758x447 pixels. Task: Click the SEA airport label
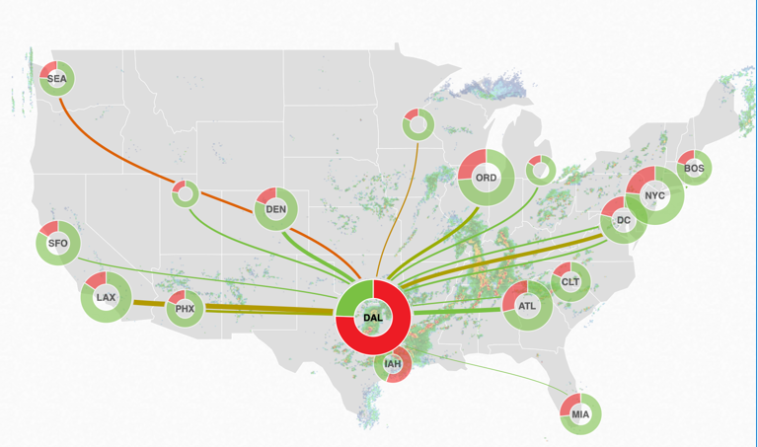coord(56,78)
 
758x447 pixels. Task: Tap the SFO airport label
coord(58,243)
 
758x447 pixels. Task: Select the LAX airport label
coord(106,297)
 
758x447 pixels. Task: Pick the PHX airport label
coord(185,309)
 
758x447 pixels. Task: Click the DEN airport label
coord(276,209)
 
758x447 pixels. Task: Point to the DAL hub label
coord(373,317)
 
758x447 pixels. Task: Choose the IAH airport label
coord(393,364)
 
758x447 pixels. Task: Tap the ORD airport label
coord(487,179)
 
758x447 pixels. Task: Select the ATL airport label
coord(527,307)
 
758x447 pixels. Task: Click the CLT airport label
coord(570,282)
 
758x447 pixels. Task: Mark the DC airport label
coord(624,221)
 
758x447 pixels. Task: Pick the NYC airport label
coord(655,195)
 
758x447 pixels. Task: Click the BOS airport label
coord(694,169)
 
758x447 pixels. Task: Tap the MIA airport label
coord(580,414)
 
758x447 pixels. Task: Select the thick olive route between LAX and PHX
coord(148,304)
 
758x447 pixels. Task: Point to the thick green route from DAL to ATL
coord(454,312)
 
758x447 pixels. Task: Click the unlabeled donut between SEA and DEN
coord(185,193)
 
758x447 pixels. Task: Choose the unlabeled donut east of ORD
coord(540,170)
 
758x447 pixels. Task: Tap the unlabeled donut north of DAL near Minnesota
coord(417,124)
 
